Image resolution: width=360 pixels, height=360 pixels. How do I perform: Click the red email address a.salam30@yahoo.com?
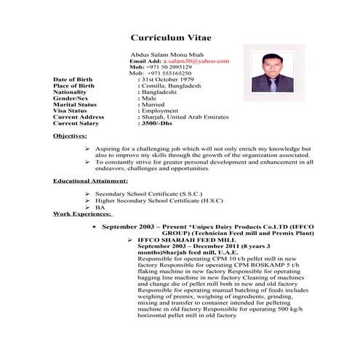coord(199,62)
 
